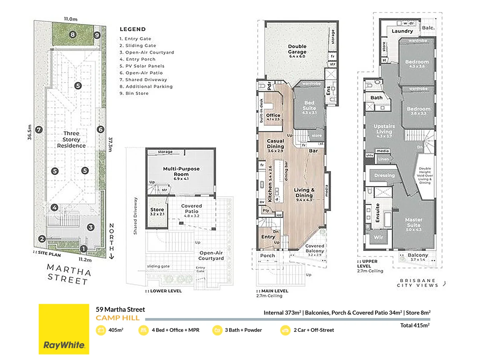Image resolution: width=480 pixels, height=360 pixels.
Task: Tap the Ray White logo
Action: pos(64,345)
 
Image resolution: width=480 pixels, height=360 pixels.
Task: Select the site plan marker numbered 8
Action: pos(73,34)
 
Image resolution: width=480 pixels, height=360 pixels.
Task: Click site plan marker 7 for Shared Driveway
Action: pos(39,130)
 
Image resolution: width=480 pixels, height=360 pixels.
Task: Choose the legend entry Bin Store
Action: pos(134,93)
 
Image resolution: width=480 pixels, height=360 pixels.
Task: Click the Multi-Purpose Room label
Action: pos(181,172)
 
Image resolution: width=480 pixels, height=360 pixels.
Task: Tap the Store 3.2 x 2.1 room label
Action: pos(157,211)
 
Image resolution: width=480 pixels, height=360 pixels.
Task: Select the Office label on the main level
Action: pos(273,115)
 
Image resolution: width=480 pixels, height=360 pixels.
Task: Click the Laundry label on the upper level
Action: pos(402,31)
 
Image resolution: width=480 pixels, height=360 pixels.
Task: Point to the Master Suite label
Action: pos(413,222)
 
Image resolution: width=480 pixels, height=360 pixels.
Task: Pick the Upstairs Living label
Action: pos(384,129)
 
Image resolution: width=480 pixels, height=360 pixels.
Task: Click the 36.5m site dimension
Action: pos(29,132)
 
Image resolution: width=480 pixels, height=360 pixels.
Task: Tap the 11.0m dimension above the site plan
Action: pos(71,19)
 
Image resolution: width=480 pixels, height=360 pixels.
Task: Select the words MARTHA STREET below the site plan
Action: pos(68,274)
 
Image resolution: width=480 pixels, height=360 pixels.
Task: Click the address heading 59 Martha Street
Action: pos(120,309)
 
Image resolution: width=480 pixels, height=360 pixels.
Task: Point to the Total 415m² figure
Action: pos(415,325)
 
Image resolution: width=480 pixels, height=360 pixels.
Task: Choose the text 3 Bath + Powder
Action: pos(243,330)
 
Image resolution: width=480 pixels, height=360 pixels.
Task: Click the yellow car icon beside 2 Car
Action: pos(285,330)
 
